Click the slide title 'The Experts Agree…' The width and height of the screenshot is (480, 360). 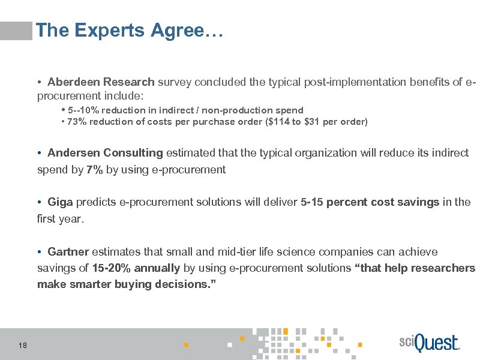tap(129, 31)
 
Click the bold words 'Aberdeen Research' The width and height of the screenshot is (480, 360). tap(101, 82)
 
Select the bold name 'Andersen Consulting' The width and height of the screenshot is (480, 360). tap(105, 153)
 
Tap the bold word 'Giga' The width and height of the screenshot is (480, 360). tap(60, 202)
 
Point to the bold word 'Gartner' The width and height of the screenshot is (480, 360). tap(68, 251)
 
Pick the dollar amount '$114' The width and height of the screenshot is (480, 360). tap(298, 122)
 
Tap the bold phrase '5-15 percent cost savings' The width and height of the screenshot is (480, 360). tap(370, 202)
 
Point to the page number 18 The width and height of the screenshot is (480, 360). tap(23, 345)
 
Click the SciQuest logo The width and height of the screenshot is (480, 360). tap(428, 343)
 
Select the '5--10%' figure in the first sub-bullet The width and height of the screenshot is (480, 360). tap(84, 110)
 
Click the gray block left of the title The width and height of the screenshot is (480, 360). tap(16, 31)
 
